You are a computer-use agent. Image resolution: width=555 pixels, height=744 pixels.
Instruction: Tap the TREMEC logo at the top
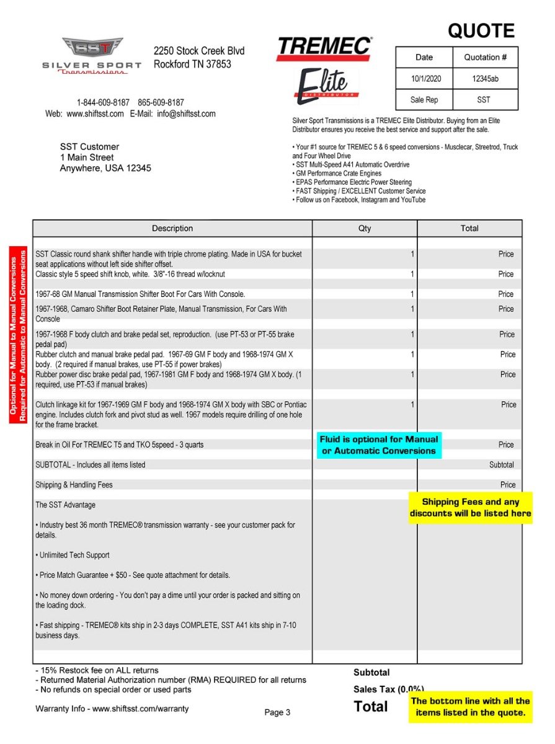pyautogui.click(x=324, y=48)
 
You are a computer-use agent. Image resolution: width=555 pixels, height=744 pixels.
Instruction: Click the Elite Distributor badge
pyautogui.click(x=326, y=86)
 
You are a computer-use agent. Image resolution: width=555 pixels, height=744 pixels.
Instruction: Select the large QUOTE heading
pyautogui.click(x=481, y=31)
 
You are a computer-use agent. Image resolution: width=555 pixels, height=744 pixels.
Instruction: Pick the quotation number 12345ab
pyautogui.click(x=485, y=79)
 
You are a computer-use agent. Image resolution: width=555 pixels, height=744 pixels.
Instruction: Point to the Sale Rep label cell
pyautogui.click(x=424, y=100)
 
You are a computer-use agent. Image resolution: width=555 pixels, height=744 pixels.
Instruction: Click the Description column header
pyautogui.click(x=172, y=229)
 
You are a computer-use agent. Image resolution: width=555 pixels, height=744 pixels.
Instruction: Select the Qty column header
pyautogui.click(x=365, y=229)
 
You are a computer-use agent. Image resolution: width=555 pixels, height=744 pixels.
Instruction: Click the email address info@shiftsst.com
pyautogui.click(x=186, y=114)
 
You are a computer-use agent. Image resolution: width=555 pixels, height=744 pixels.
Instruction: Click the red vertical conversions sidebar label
pyautogui.click(x=18, y=335)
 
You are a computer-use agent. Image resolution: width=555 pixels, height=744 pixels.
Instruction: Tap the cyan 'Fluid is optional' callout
pyautogui.click(x=379, y=445)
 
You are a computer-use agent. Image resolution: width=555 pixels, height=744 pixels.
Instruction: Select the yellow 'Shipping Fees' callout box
pyautogui.click(x=470, y=508)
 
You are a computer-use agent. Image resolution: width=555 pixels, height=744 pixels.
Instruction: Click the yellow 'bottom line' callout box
pyautogui.click(x=470, y=707)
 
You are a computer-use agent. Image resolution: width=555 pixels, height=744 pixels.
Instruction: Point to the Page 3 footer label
pyautogui.click(x=277, y=712)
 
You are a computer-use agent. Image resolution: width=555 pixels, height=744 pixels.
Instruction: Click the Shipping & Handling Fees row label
pyautogui.click(x=74, y=485)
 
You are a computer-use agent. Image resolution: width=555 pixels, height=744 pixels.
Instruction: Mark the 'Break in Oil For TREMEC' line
pyautogui.click(x=119, y=445)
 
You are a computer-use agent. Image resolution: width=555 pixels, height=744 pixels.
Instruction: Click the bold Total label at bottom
pyautogui.click(x=371, y=706)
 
